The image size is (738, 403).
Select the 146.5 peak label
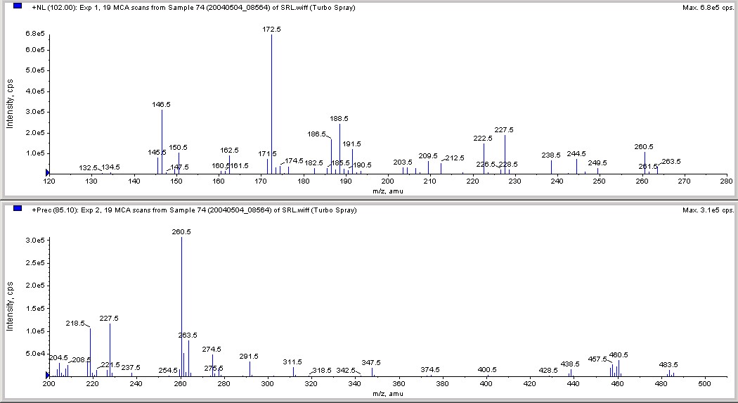pos(162,104)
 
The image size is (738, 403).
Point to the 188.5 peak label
pos(339,119)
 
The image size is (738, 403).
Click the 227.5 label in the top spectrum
pos(505,130)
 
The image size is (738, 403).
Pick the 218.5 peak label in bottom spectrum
pos(75,323)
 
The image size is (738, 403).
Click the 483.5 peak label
pos(668,364)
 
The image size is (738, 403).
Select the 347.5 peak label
pos(371,362)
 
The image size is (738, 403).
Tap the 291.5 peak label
pos(249,357)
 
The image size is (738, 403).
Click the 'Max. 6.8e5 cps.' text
pos(707,8)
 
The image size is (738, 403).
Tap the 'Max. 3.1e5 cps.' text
pos(707,210)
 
